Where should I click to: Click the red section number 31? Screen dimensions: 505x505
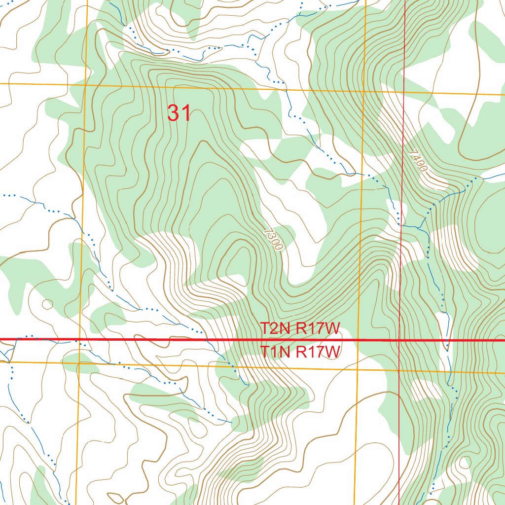point(179,113)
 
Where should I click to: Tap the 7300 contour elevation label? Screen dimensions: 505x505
point(273,239)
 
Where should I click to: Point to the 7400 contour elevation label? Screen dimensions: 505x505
point(418,161)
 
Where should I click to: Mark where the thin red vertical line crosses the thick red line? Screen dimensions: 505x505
point(399,340)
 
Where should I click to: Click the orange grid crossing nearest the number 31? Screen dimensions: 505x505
point(85,84)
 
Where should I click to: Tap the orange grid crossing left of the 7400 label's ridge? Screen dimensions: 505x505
point(364,91)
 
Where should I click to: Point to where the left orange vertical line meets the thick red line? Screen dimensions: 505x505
point(80,340)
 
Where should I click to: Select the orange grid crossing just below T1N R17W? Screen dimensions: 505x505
point(357,369)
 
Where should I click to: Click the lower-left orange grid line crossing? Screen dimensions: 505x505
point(79,363)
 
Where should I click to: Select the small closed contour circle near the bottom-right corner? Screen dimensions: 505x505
point(464,463)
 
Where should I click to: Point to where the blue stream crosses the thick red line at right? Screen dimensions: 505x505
point(447,340)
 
